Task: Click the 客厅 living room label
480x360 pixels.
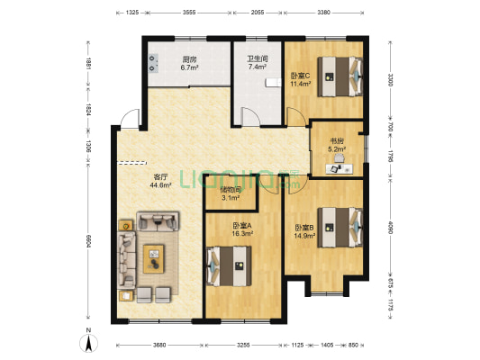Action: tap(159, 176)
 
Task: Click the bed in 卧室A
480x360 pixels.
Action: tap(230, 263)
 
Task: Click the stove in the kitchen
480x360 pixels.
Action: tap(151, 62)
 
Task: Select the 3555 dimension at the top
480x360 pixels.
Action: tap(188, 13)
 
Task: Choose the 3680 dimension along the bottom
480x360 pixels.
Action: tap(159, 345)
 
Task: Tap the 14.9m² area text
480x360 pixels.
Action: tap(304, 237)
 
